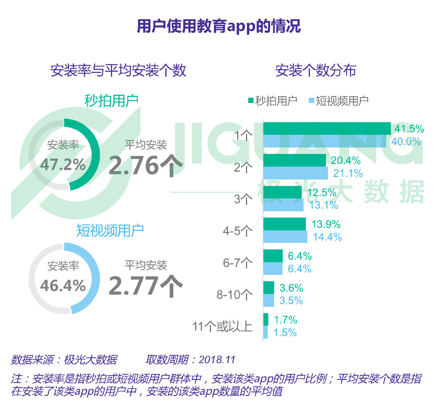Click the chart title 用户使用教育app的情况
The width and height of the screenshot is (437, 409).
click(x=218, y=26)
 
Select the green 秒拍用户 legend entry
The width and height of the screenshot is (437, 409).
click(x=273, y=101)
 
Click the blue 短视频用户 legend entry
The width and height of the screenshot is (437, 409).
click(x=338, y=101)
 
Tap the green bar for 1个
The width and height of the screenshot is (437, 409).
click(x=327, y=128)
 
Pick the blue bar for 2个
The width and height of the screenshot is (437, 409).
click(x=295, y=173)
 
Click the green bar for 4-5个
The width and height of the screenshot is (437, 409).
click(x=284, y=224)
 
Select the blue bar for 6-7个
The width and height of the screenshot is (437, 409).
click(x=273, y=269)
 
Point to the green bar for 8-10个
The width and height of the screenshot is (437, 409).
click(x=268, y=288)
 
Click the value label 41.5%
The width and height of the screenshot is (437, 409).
click(x=409, y=129)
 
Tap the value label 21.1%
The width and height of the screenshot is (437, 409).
click(x=348, y=173)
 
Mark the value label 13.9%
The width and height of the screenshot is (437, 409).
click(x=326, y=224)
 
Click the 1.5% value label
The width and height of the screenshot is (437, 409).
click(x=285, y=333)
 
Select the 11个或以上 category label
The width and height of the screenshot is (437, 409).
click(x=222, y=326)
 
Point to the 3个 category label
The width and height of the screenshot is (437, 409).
click(x=243, y=199)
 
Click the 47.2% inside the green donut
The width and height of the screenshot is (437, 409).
click(x=63, y=165)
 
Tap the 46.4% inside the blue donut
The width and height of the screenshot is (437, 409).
click(x=63, y=286)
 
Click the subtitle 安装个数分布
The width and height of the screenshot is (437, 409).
click(x=315, y=70)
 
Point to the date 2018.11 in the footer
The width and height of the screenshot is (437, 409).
click(x=217, y=359)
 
